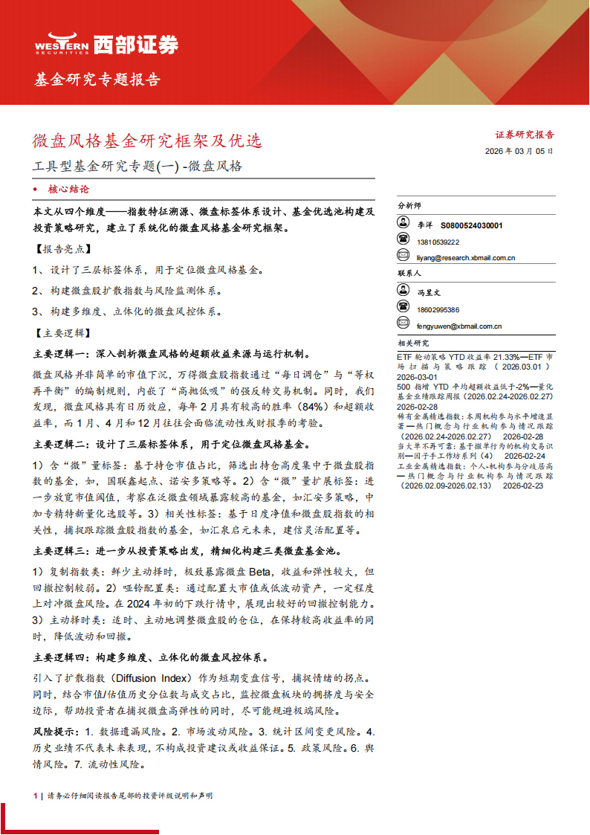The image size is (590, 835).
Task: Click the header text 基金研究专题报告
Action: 97,80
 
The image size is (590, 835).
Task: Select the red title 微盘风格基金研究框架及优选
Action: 147,140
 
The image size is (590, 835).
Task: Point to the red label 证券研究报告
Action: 525,135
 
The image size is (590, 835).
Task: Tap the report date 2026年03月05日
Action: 519,151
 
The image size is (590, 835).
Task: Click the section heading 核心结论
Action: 68,190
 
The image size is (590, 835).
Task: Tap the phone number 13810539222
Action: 438,242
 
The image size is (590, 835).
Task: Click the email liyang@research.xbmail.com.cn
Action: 467,258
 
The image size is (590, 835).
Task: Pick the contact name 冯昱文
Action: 429,293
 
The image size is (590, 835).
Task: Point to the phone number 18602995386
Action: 438,309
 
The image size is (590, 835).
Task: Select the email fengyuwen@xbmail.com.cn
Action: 459,326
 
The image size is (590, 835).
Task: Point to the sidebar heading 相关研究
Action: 413,343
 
